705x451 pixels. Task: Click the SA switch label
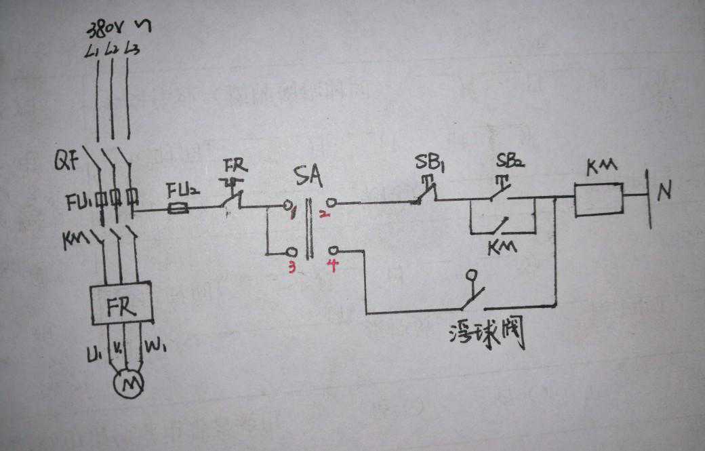[308, 178]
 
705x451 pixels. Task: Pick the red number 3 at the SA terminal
[293, 267]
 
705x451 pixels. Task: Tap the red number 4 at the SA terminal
[333, 265]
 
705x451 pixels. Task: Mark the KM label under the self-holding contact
[502, 246]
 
